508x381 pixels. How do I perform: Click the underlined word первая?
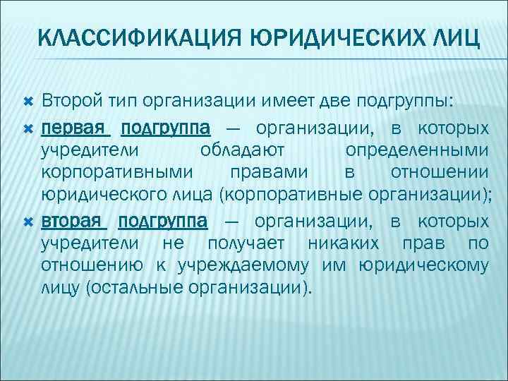(75, 128)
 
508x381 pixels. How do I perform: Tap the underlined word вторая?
(74, 222)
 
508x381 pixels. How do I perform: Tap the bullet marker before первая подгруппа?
(28, 129)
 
